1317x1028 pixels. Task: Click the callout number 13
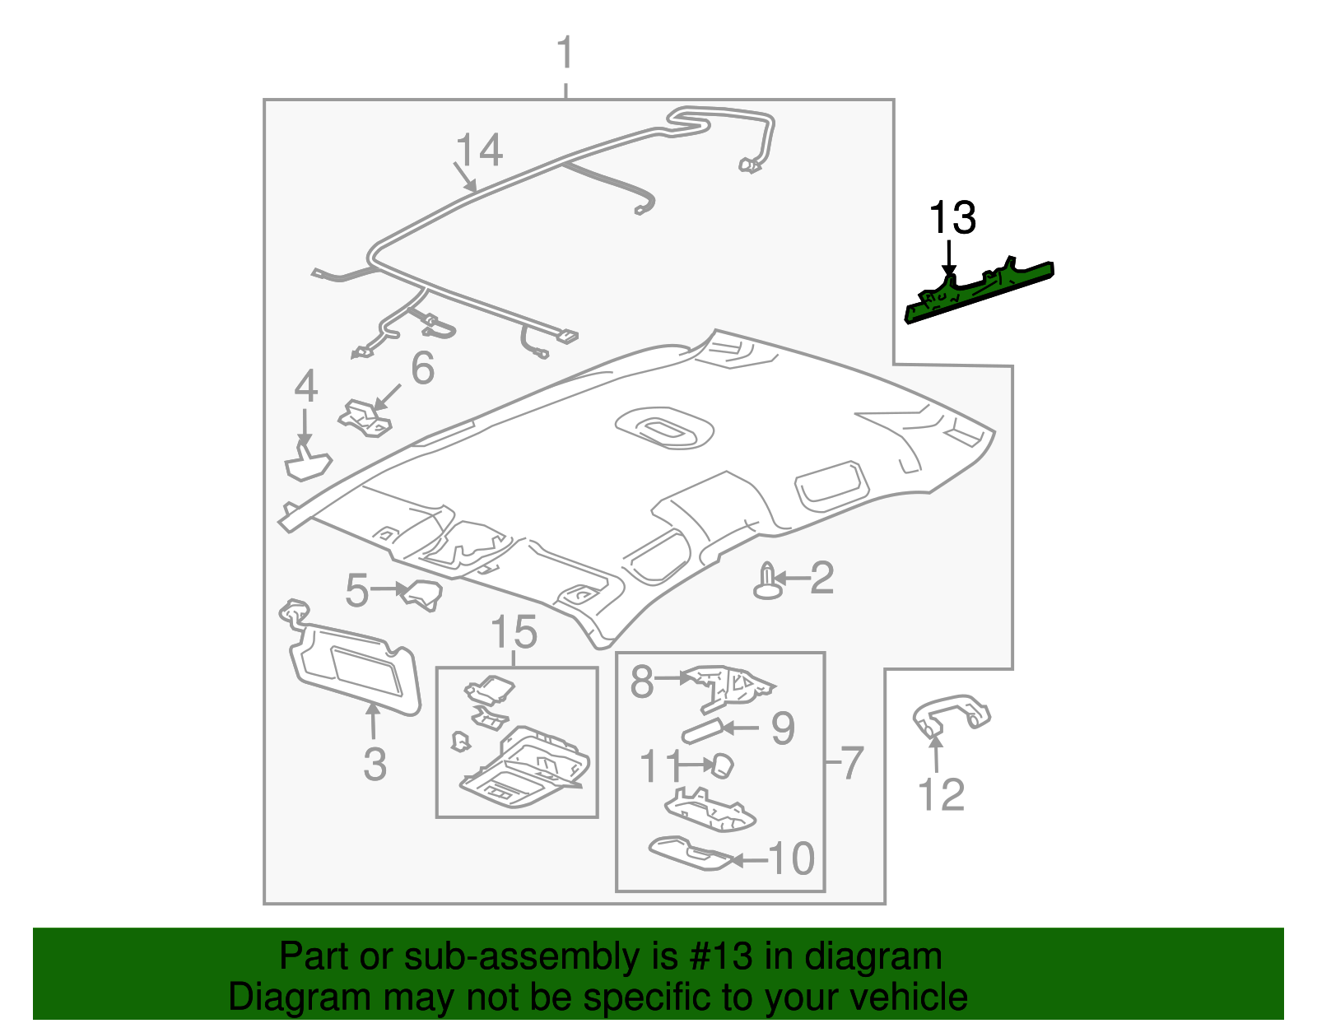(x=952, y=218)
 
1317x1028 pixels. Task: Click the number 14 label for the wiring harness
(x=478, y=151)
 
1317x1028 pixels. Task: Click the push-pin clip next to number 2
(x=767, y=582)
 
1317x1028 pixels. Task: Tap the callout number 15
(x=514, y=633)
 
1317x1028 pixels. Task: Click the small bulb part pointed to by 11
(x=722, y=765)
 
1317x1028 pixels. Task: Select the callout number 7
(x=850, y=762)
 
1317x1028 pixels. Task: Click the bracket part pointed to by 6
(x=365, y=416)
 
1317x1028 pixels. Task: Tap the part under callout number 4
(x=307, y=463)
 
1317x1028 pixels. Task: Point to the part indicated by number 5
(x=421, y=594)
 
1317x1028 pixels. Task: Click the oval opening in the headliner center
(x=663, y=428)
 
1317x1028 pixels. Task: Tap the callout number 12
(x=940, y=794)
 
